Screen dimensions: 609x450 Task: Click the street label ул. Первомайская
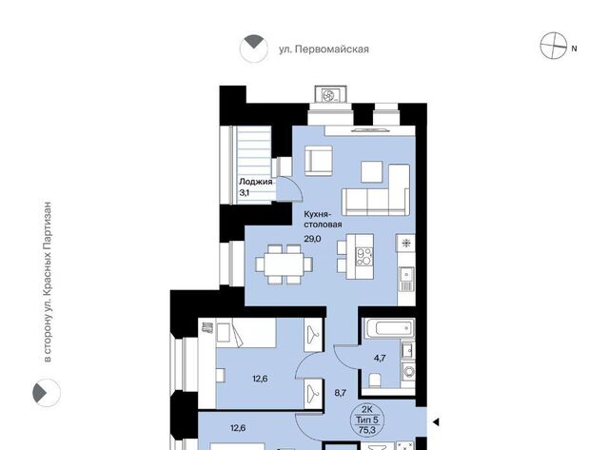(324, 49)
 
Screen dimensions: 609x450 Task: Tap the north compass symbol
(554, 46)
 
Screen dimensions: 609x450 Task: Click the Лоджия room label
(256, 182)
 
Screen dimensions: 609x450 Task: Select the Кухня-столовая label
(323, 220)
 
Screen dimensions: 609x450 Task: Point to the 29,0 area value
(312, 239)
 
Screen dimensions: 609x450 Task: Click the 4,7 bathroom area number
(380, 358)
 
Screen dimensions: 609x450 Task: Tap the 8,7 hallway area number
(341, 393)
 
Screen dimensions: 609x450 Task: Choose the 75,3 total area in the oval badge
(367, 429)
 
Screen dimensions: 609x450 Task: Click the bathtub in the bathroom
(388, 328)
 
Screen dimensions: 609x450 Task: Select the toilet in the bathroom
(375, 381)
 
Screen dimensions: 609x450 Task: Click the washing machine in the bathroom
(408, 372)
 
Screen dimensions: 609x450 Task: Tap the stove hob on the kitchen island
(364, 257)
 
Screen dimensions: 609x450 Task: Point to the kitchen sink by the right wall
(406, 279)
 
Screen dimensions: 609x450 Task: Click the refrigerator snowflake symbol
(406, 244)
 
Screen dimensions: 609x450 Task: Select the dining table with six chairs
(284, 264)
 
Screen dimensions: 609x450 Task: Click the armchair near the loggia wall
(319, 161)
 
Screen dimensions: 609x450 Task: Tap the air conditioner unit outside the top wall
(330, 94)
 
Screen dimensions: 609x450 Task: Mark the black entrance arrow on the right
(436, 421)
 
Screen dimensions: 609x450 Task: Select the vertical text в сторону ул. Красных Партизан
(48, 282)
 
